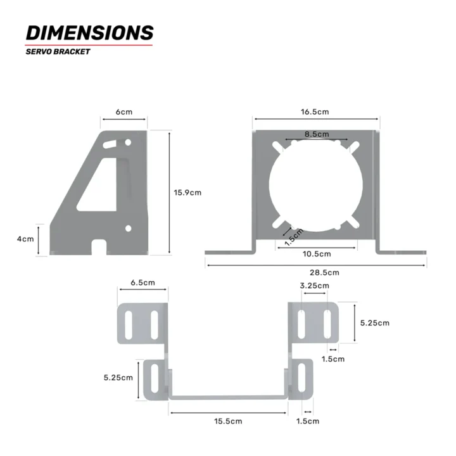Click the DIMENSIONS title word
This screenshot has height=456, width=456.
point(89,33)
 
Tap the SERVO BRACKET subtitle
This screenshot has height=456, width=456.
point(58,52)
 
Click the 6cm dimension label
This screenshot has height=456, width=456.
point(123,112)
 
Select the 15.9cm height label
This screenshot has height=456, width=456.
point(187,193)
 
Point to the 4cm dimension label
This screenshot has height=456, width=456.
point(25,239)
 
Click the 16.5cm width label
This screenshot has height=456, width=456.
point(315,112)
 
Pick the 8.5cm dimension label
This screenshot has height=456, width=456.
point(316,134)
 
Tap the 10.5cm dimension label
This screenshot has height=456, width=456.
point(316,254)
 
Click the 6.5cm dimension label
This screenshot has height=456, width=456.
point(142,282)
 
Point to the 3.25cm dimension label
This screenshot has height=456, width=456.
point(315,286)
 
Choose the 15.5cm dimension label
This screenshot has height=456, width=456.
point(227,421)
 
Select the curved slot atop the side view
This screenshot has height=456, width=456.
point(111,144)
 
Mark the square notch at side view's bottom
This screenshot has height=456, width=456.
point(99,246)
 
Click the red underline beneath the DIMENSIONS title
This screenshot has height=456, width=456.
point(89,45)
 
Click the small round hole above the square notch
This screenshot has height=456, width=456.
point(128,227)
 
